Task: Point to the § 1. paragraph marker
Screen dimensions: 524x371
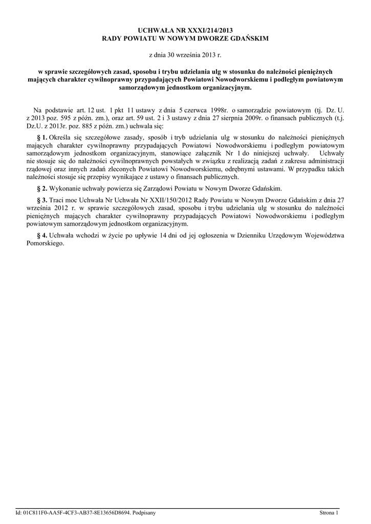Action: pos(42,137)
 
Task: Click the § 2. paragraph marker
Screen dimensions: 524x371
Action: pos(42,188)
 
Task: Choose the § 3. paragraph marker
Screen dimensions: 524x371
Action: pos(42,200)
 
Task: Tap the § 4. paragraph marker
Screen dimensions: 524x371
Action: pos(42,235)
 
